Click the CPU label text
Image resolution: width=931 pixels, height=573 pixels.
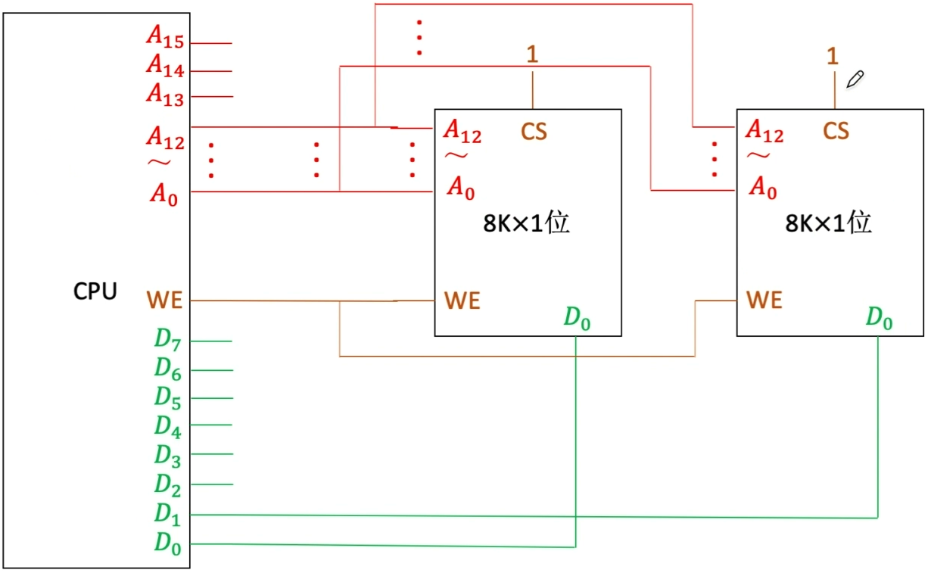point(95,291)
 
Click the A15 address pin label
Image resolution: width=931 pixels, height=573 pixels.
point(165,37)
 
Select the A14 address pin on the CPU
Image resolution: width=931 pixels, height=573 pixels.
point(165,66)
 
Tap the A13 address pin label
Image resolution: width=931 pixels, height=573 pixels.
point(165,94)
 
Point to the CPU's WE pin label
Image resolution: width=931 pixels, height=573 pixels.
point(165,301)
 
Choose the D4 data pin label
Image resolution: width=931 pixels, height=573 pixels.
point(168,426)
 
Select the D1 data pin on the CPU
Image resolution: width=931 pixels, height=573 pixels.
point(168,513)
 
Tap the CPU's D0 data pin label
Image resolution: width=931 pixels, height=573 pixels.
point(168,543)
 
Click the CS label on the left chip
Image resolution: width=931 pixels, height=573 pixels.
point(534,132)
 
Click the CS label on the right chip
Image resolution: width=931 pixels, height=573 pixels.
point(836,132)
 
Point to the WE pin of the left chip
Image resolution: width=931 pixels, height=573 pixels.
point(462,301)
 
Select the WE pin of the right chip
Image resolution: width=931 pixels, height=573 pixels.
point(764,301)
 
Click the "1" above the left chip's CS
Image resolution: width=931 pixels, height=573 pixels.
point(532,54)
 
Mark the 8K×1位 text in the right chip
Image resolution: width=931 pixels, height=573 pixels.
point(828,223)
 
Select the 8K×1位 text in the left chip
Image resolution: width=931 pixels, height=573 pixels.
point(526,225)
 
